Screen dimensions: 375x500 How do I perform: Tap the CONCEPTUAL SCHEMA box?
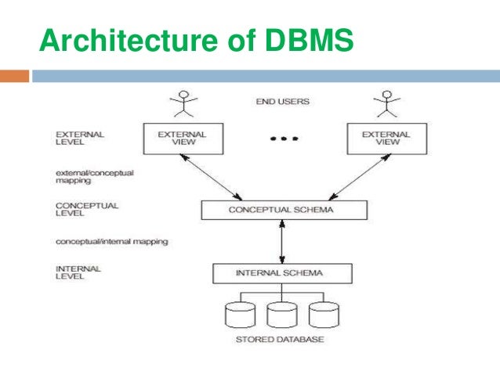[x=283, y=210]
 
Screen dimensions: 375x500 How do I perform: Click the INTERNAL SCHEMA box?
[x=283, y=273]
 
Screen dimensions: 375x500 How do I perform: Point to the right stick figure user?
[x=385, y=104]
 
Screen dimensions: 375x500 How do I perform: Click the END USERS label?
[x=282, y=102]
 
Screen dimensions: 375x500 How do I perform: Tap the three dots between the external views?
[x=283, y=139]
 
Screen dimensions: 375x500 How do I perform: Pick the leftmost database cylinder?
[x=240, y=315]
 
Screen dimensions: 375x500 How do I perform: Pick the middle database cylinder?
[x=281, y=315]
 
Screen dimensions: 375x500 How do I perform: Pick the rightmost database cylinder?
[x=323, y=315]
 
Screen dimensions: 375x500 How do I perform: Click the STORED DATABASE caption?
[x=280, y=340]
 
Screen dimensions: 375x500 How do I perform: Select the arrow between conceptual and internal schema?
[x=282, y=241]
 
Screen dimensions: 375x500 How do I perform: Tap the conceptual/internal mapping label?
[x=111, y=241]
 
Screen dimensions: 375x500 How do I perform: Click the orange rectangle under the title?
[x=15, y=76]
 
